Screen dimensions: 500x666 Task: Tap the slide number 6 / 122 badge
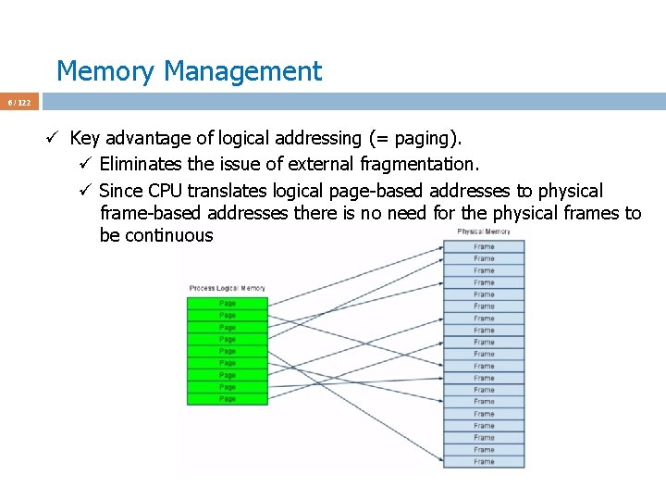tap(19, 102)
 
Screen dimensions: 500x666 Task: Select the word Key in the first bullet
tap(84, 139)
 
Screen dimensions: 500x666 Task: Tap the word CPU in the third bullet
tap(167, 191)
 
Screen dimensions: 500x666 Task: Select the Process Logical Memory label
tap(227, 289)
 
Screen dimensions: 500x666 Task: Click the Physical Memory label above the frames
tap(483, 231)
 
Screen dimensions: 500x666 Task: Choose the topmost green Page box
tap(228, 303)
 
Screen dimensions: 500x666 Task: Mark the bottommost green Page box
tap(228, 399)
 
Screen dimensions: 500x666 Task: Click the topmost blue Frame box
tap(484, 246)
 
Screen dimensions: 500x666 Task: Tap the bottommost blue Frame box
tap(484, 461)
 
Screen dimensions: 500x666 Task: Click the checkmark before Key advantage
tap(55, 139)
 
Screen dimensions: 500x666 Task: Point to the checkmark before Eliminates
tap(84, 165)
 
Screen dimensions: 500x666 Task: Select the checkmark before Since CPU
tap(84, 191)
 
